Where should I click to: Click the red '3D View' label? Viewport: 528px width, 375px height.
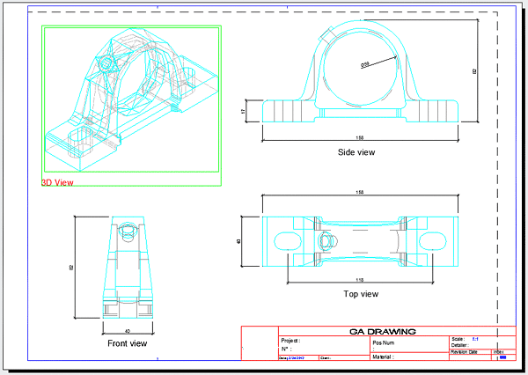pos(57,182)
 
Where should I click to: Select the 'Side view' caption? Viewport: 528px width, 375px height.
pos(356,152)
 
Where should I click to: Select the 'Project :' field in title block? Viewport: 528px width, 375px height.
pos(290,340)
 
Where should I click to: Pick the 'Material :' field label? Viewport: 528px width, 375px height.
pos(388,357)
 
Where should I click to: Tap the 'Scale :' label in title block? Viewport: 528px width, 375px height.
pos(458,339)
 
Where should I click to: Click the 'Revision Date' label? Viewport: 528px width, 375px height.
pos(464,351)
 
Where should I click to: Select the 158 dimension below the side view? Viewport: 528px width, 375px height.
pos(359,137)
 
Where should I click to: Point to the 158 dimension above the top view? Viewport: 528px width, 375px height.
pos(359,192)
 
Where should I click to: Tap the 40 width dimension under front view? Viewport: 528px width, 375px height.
pos(128,331)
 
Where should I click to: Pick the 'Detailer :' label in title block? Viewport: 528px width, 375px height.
pos(459,345)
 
